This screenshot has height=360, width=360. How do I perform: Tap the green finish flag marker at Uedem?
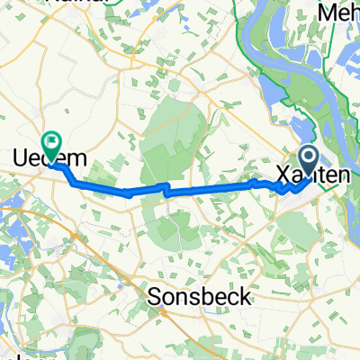click(51, 142)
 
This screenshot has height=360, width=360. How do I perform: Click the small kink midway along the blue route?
click(165, 189)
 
